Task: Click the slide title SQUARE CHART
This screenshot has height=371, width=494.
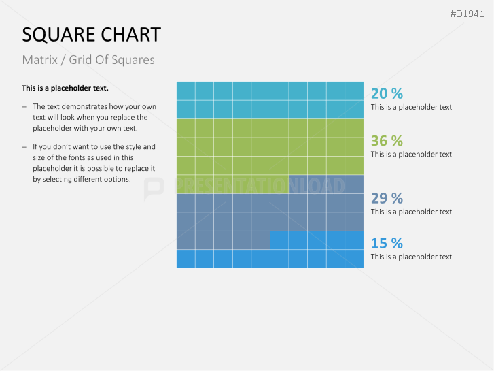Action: point(91,35)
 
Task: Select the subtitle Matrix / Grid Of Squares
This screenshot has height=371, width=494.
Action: point(88,60)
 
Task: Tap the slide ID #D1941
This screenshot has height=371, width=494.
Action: point(467,14)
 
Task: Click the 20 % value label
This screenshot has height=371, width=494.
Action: point(387,93)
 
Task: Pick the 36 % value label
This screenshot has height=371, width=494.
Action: point(387,141)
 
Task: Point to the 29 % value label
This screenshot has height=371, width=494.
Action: point(387,198)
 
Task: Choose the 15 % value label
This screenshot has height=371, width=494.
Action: point(387,243)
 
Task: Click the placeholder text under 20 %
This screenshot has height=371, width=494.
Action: point(411,107)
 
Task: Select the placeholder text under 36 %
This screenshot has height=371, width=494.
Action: point(411,155)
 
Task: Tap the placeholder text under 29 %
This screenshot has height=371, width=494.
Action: point(411,212)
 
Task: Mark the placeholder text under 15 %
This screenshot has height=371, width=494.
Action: point(411,257)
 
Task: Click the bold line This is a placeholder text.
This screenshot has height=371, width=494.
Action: point(65,88)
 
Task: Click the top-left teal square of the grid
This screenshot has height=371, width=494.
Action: point(186,91)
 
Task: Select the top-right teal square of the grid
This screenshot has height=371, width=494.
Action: point(354,91)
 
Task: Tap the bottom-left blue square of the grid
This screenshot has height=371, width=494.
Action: point(186,259)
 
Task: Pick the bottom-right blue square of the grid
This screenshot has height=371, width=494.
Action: point(354,259)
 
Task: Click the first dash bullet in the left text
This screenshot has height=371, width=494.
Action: point(25,107)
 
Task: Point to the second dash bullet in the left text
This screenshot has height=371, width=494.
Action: point(25,147)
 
